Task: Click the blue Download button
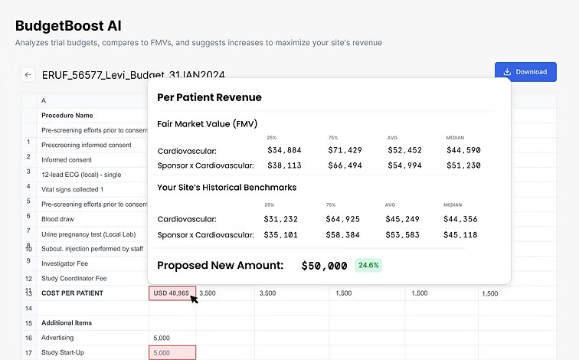[x=525, y=72]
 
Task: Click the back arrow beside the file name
[x=28, y=74]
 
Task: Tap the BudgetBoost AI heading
[x=68, y=25]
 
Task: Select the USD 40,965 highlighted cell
[x=172, y=293]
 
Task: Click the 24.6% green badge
[x=368, y=265]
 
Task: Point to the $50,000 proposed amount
[x=324, y=266]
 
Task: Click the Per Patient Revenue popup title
[x=209, y=97]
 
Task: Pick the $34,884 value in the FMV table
[x=284, y=150]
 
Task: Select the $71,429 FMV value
[x=345, y=150]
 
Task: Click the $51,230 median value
[x=463, y=165]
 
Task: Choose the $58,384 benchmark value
[x=344, y=235]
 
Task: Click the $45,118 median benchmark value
[x=460, y=235]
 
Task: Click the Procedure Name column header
[x=67, y=115]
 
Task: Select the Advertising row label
[x=57, y=338]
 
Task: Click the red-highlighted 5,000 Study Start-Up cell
[x=172, y=352]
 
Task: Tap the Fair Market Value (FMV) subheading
[x=207, y=123]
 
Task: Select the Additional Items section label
[x=67, y=322]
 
